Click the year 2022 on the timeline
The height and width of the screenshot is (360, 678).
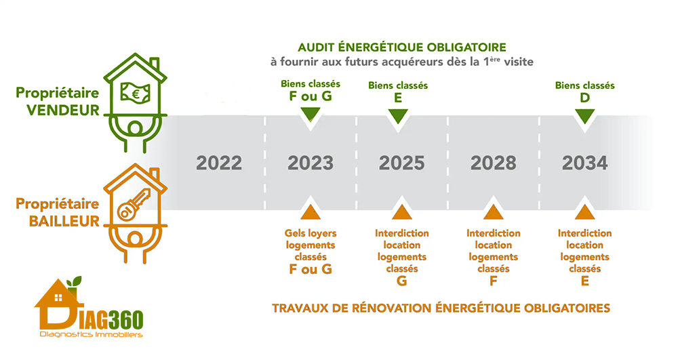[218, 163]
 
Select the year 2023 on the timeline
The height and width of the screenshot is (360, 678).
[310, 163]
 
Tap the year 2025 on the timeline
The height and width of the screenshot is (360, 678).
[401, 163]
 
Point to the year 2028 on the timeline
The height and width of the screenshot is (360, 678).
[493, 163]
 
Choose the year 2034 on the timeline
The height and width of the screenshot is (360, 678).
[584, 163]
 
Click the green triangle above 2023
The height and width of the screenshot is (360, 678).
[310, 116]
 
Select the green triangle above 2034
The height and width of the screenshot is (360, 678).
[584, 116]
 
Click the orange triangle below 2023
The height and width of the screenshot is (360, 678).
[310, 212]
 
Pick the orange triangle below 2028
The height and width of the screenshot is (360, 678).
[493, 212]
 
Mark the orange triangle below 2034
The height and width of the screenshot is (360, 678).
[584, 212]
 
